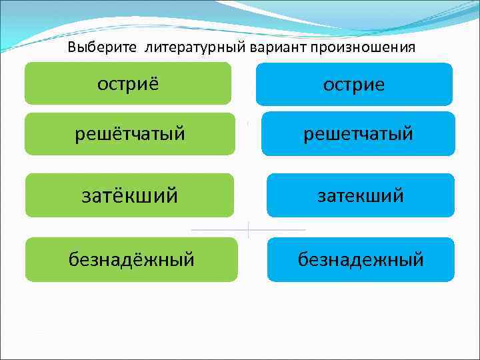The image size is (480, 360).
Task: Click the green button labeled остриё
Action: click(128, 83)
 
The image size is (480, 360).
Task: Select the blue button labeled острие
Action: click(354, 85)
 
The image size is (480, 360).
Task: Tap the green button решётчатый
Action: click(129, 134)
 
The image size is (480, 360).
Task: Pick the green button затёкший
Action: click(129, 195)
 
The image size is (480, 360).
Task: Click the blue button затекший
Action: click(360, 195)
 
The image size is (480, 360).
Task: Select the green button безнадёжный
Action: click(131, 259)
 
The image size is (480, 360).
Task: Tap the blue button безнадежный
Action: click(361, 259)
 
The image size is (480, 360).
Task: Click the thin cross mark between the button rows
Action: click(248, 230)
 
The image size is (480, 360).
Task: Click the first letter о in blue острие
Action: click(327, 85)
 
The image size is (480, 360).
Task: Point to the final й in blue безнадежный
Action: click(418, 259)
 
